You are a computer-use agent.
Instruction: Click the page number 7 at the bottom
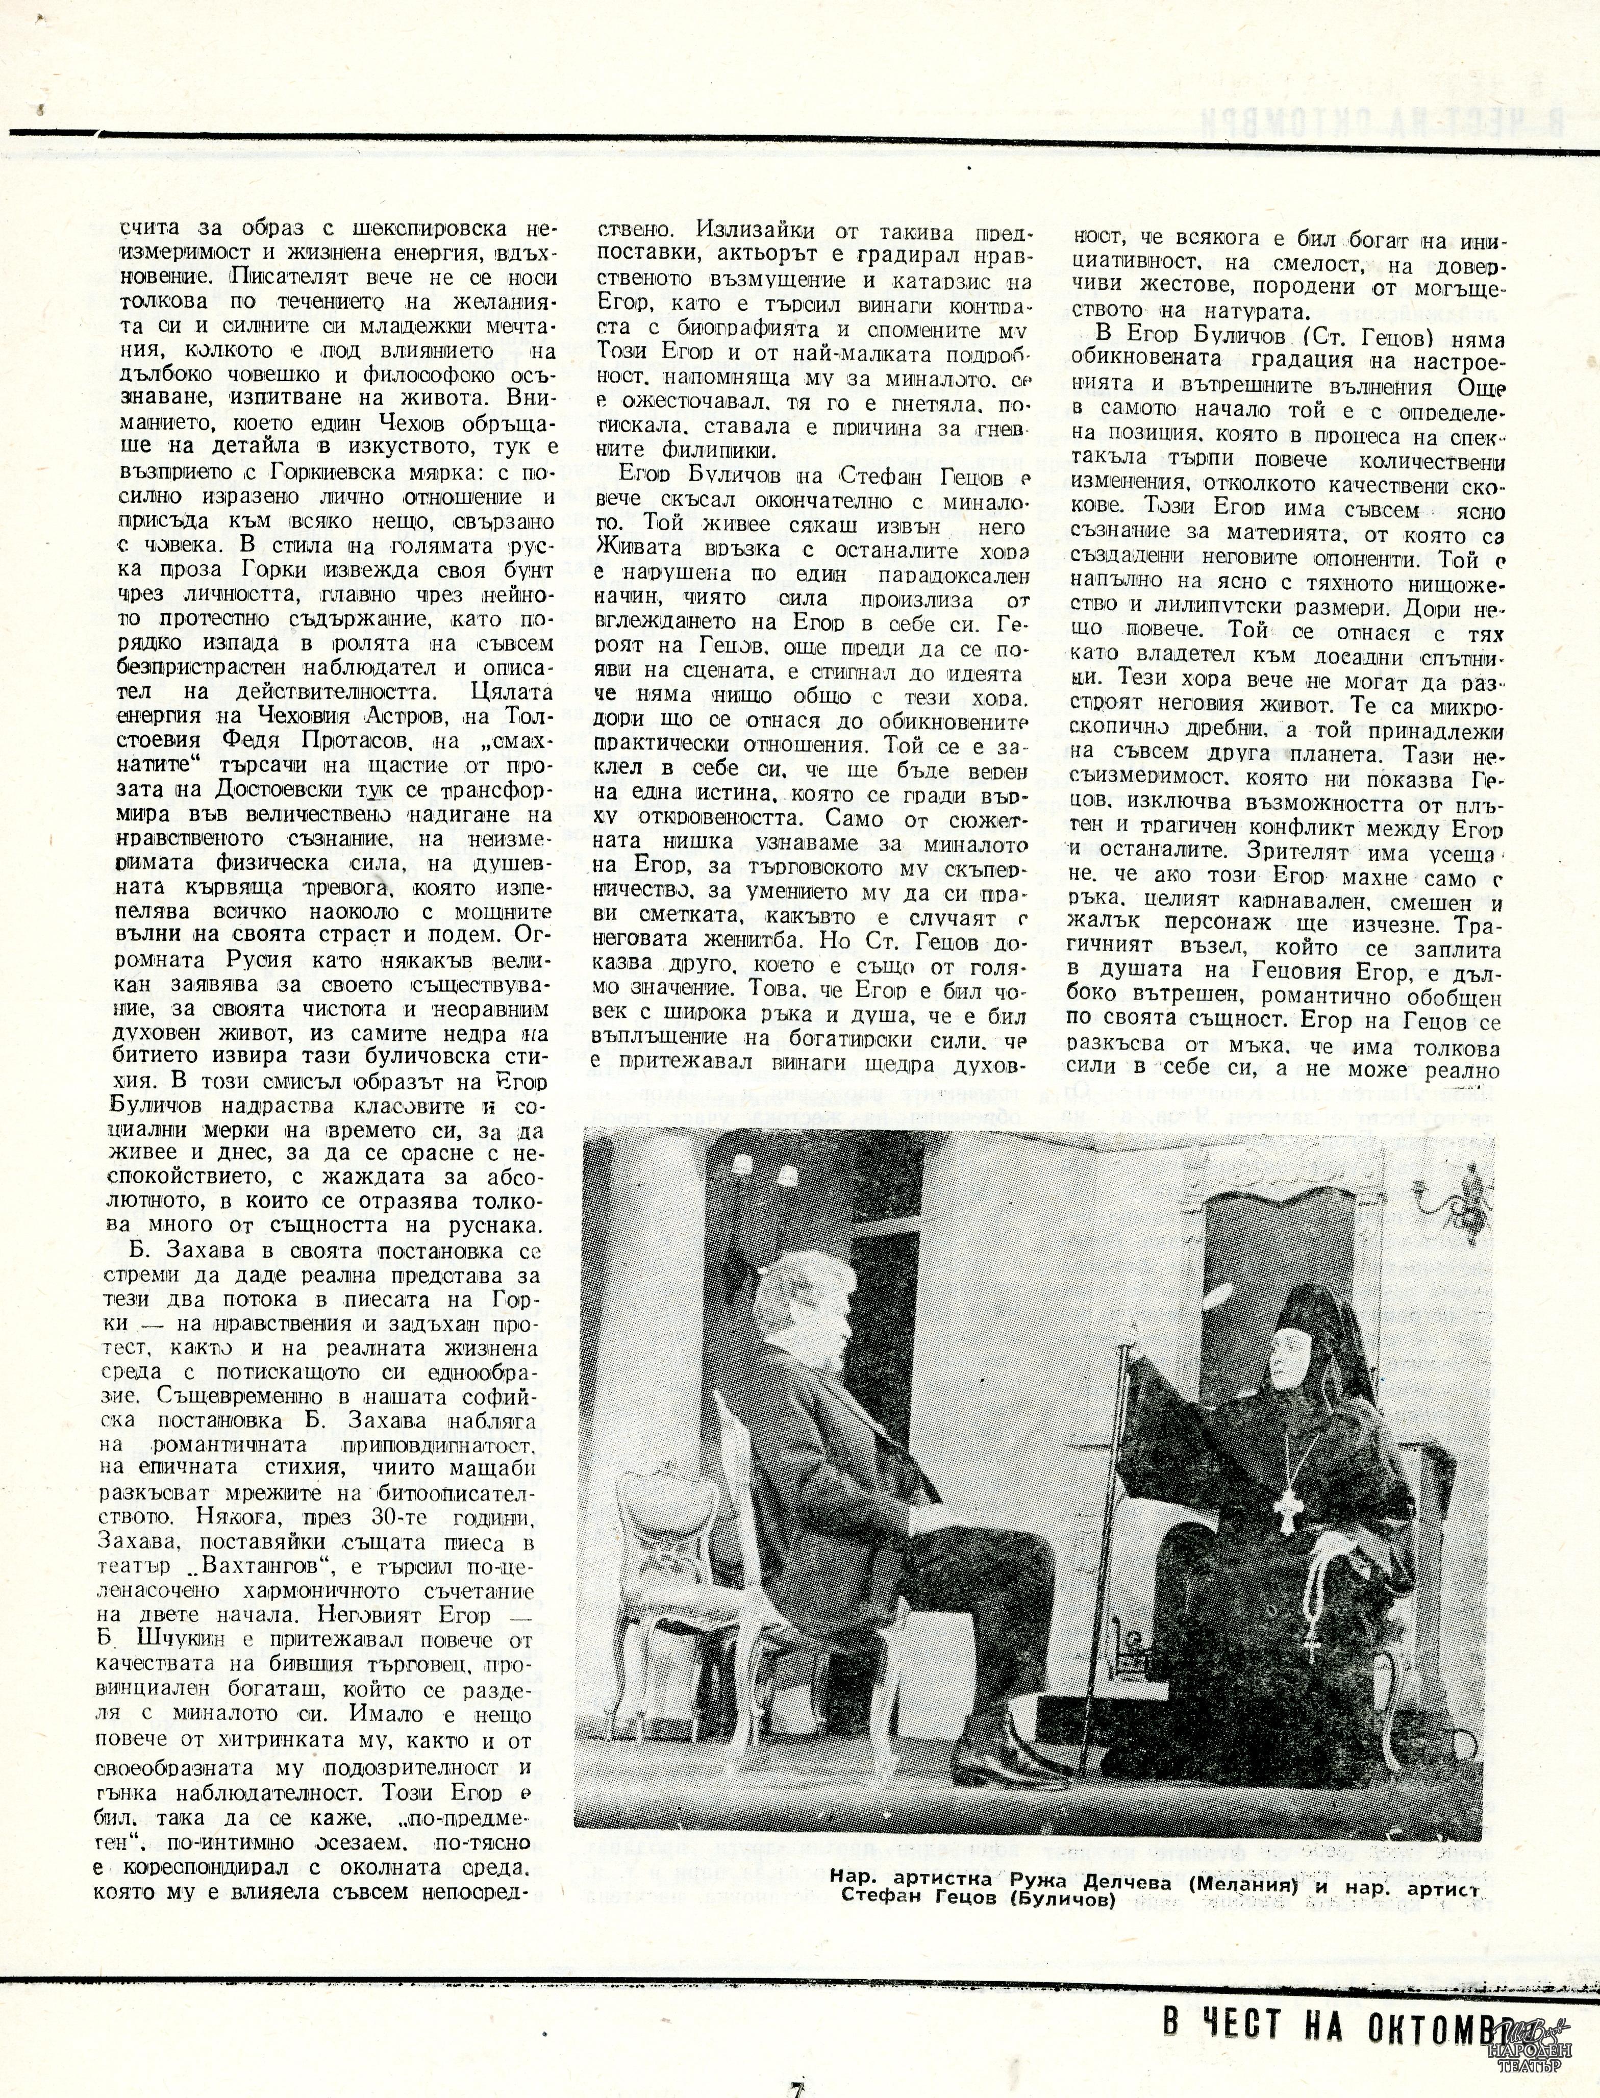pyautogui.click(x=798, y=2086)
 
